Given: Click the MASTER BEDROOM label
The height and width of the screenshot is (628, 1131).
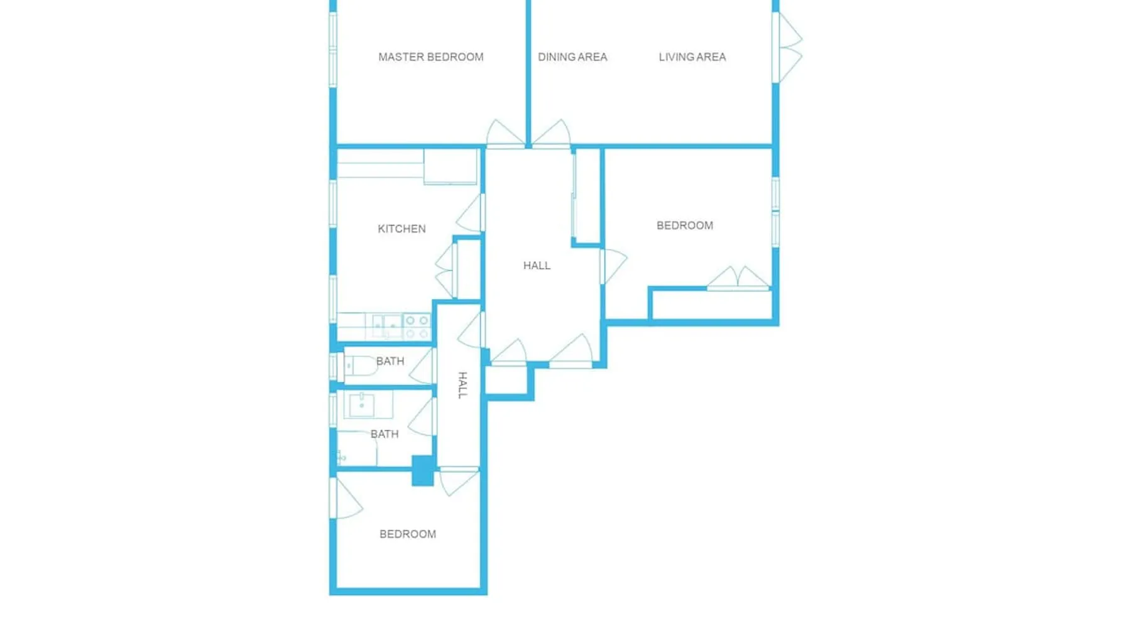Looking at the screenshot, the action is pyautogui.click(x=431, y=57).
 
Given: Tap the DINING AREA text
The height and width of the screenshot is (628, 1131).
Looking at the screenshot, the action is pyautogui.click(x=572, y=57).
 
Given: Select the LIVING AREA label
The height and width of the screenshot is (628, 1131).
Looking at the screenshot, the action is pyautogui.click(x=692, y=57).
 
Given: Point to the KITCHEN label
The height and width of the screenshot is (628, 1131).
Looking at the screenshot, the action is pyautogui.click(x=402, y=229).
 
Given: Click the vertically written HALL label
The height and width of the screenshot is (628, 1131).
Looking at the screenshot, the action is pyautogui.click(x=462, y=385).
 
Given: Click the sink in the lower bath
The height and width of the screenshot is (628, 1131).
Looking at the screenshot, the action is pyautogui.click(x=361, y=405).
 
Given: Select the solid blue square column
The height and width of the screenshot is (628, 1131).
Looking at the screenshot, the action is pyautogui.click(x=423, y=470).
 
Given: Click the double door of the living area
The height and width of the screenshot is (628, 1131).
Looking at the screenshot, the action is pyautogui.click(x=788, y=47).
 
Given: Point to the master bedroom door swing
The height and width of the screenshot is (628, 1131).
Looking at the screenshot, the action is pyautogui.click(x=505, y=133).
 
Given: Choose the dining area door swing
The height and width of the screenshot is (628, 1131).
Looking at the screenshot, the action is pyautogui.click(x=552, y=133).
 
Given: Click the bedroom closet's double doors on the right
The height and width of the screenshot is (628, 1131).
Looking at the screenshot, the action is pyautogui.click(x=738, y=278).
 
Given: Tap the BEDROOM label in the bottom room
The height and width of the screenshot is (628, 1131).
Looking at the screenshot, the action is pyautogui.click(x=408, y=534).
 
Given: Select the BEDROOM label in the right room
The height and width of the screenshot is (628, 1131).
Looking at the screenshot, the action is pyautogui.click(x=685, y=225).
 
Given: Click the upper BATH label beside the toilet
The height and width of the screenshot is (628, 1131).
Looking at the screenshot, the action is pyautogui.click(x=390, y=361).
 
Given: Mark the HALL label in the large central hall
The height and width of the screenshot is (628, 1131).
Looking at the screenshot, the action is pyautogui.click(x=537, y=266).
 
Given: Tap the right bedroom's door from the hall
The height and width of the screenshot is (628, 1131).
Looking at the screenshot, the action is pyautogui.click(x=613, y=266).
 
